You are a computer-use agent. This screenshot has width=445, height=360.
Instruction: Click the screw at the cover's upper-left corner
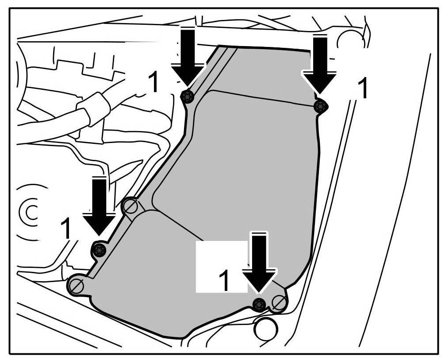click(188, 96)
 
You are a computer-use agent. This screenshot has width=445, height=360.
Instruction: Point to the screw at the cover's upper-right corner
click(320, 106)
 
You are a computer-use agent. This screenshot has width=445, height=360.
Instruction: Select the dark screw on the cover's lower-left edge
click(99, 250)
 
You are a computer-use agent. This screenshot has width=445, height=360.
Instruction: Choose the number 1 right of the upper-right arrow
click(362, 89)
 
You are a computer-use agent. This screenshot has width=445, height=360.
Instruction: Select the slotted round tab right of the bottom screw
click(279, 303)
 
